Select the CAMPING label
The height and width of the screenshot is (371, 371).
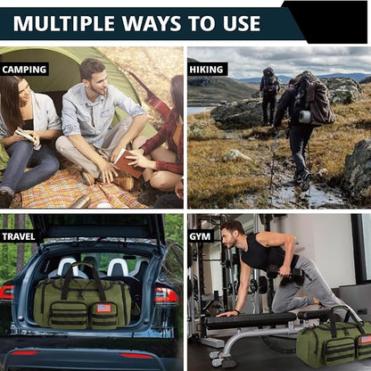point(24,69)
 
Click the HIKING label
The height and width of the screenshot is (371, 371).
point(208,69)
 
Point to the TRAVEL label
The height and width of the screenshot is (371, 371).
point(19,236)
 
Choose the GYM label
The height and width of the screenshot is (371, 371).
point(200,236)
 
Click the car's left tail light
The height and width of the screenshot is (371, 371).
point(6,292)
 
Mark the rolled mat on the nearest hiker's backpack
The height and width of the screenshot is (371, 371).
point(305,116)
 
